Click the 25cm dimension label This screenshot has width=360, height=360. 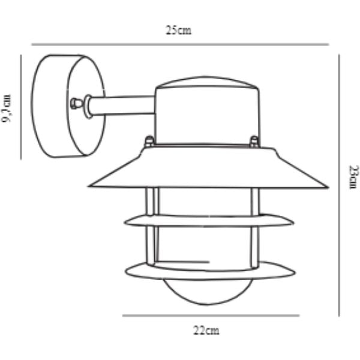(179, 31)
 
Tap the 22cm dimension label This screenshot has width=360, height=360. (207, 330)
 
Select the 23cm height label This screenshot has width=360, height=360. (353, 178)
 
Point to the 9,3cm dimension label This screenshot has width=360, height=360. (8, 108)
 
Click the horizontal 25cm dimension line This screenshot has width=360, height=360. (180, 44)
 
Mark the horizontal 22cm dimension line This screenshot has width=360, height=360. (211, 316)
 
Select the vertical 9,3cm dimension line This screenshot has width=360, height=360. (21, 108)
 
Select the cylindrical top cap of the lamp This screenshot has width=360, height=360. (208, 111)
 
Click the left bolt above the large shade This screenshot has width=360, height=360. (148, 142)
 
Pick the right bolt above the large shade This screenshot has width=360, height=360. (254, 142)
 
